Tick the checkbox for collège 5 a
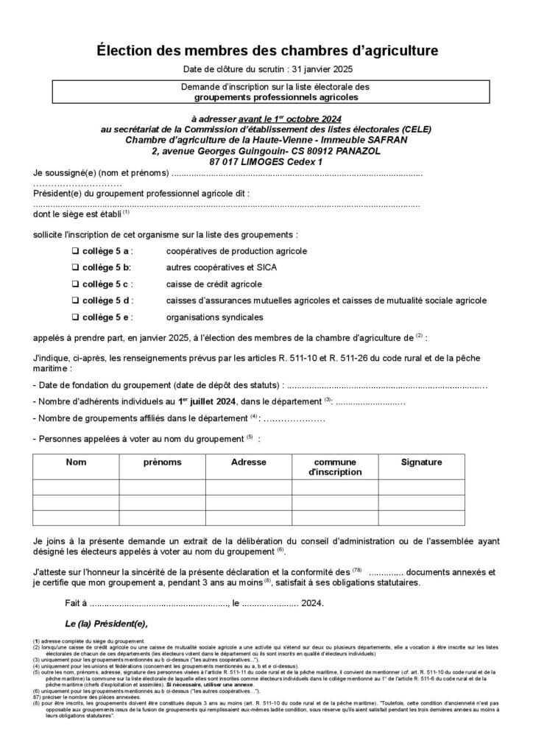pyautogui.click(x=75, y=251)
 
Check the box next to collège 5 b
pyautogui.click(x=75, y=267)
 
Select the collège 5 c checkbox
pyautogui.click(x=75, y=284)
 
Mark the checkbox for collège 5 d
pyautogui.click(x=75, y=300)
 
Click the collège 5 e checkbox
pyautogui.click(x=75, y=317)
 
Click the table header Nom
pyautogui.click(x=76, y=462)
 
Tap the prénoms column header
pyautogui.click(x=162, y=462)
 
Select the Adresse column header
pyautogui.click(x=248, y=462)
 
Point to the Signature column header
pyautogui.click(x=421, y=462)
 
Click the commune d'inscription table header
pyautogui.click(x=335, y=467)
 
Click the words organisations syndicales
pyautogui.click(x=214, y=317)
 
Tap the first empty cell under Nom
pyautogui.click(x=76, y=487)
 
